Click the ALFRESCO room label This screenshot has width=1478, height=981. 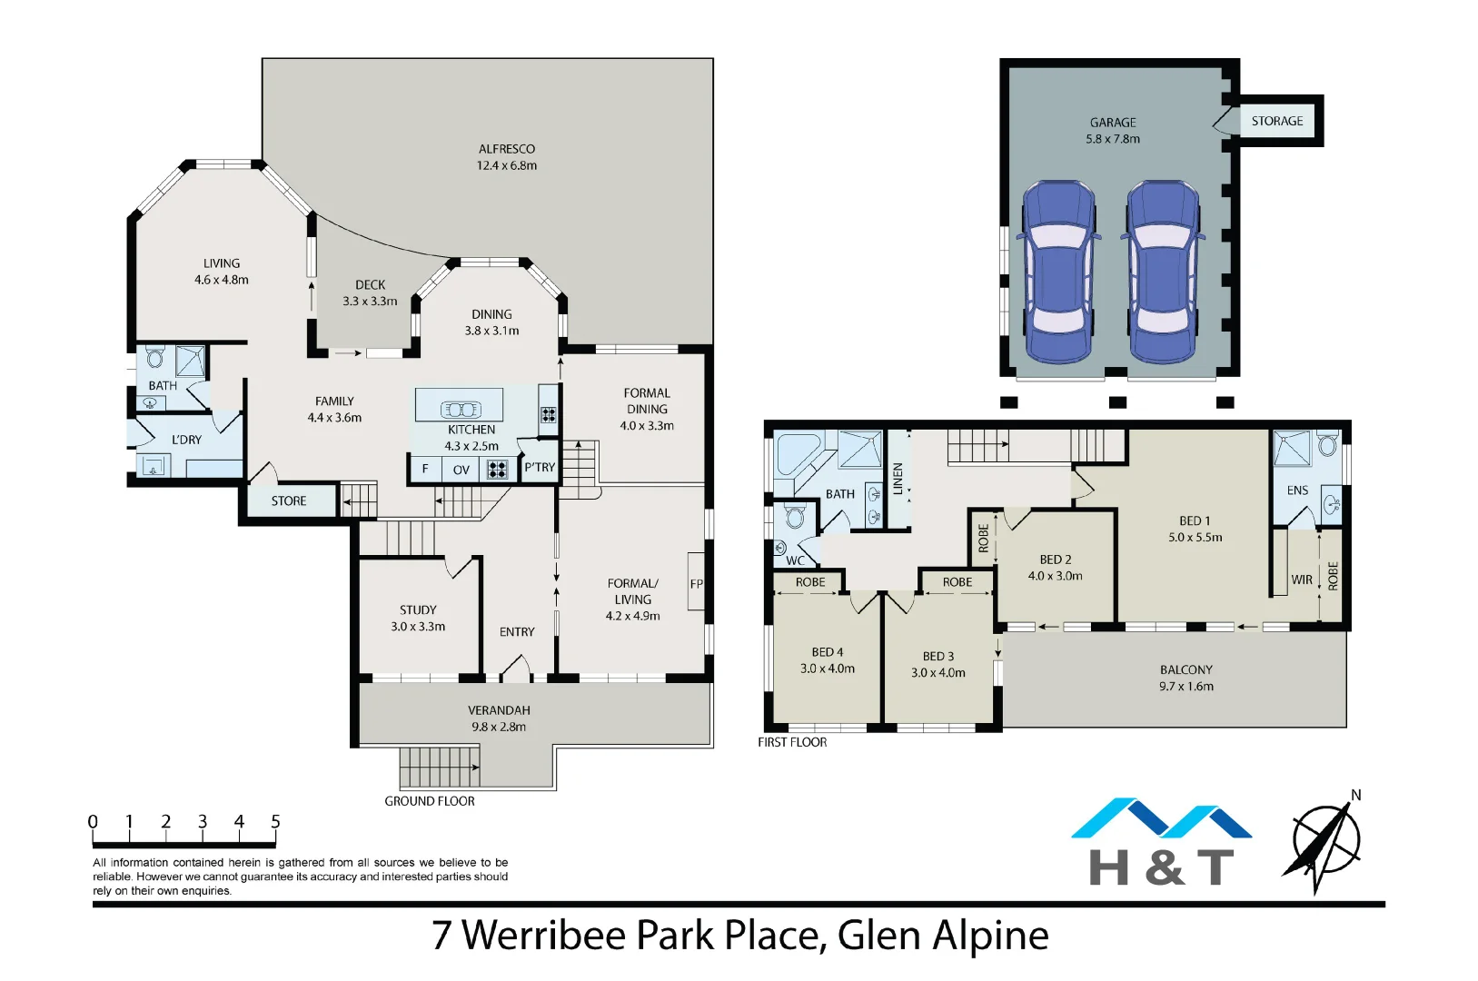pos(506,149)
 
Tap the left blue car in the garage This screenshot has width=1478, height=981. pos(1058,271)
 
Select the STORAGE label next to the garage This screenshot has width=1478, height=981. pos(1276,121)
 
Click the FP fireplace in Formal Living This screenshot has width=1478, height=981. pos(696,584)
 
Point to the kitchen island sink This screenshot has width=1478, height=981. pos(460,410)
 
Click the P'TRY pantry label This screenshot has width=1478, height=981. pos(540,467)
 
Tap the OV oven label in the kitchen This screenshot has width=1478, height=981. pos(461,470)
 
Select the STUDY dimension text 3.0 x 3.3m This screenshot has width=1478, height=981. pos(418,627)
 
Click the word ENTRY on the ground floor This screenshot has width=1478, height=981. pos(517,632)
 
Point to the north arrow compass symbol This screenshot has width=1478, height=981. pos(1325,843)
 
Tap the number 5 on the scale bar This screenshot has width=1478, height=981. pos(275,821)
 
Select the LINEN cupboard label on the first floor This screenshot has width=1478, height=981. pos(898,479)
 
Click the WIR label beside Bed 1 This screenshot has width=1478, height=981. pos(1301,580)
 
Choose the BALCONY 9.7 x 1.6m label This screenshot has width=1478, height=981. pos(1185,678)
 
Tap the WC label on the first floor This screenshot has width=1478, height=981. pos(795,560)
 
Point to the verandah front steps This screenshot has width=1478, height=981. pos(439,767)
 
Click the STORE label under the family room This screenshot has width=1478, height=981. pos(289,501)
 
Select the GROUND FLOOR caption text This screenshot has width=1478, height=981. pos(429,801)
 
